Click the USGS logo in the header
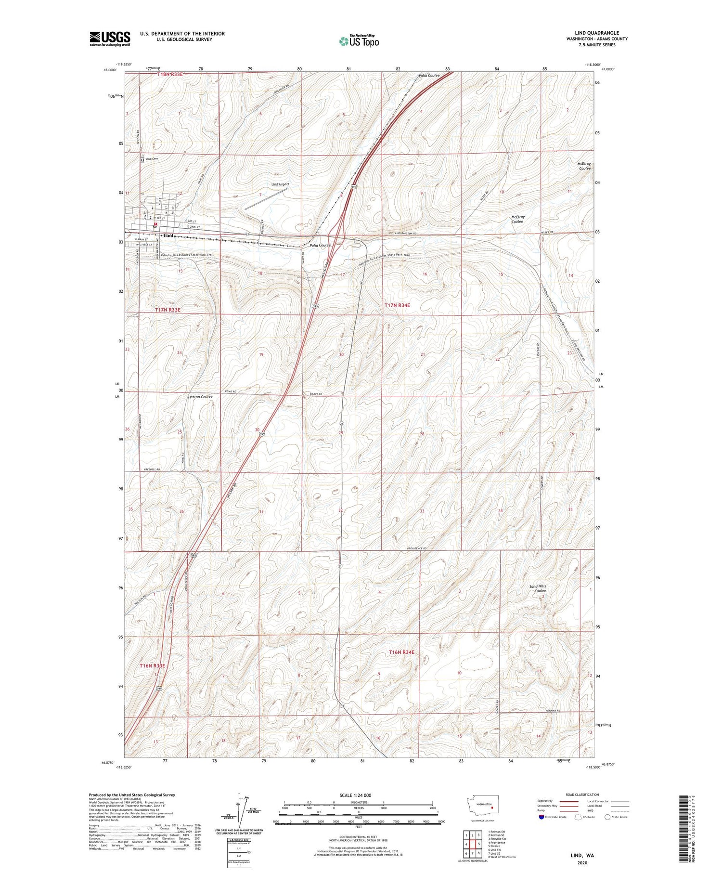[110, 39]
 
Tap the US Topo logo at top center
[359, 41]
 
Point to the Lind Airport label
[280, 184]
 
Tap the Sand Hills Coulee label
[538, 588]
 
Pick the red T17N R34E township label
[397, 305]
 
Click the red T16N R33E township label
[152, 665]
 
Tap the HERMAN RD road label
[554, 711]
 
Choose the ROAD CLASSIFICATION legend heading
[582, 795]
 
